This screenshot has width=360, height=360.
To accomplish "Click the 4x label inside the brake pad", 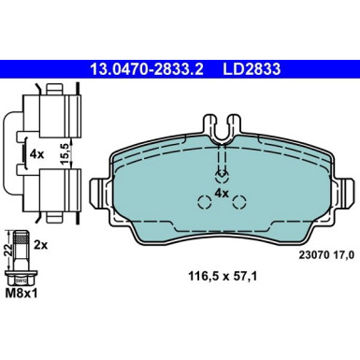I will (x=223, y=192).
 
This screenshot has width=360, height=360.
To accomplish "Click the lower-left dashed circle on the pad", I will (x=204, y=200).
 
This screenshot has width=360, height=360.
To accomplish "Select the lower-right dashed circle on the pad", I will (x=238, y=200).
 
